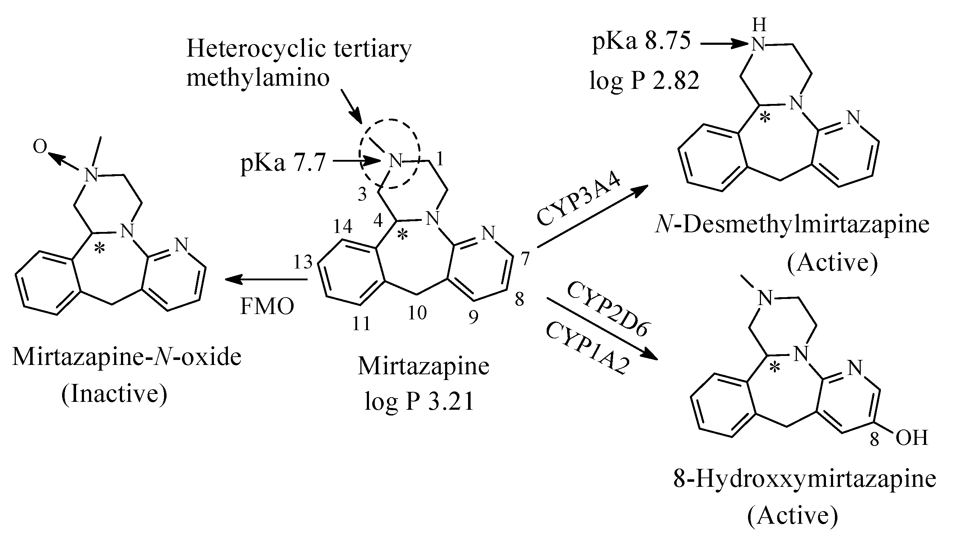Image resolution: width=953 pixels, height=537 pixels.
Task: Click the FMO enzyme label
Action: (267, 306)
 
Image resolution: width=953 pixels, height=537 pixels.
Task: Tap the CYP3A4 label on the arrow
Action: (579, 201)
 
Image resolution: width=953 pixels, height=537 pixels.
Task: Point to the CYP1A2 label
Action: (588, 347)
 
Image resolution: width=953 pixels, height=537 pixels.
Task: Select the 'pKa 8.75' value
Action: (641, 41)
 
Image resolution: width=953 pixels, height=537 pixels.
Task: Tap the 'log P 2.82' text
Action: (644, 81)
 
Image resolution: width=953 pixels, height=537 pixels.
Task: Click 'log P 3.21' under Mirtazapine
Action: (419, 401)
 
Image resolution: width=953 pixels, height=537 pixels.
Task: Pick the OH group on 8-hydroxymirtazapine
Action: (912, 438)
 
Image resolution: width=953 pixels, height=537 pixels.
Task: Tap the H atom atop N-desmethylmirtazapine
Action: (760, 25)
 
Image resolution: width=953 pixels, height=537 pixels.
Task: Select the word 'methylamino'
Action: (258, 79)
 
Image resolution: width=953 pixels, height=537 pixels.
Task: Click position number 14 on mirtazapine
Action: (342, 226)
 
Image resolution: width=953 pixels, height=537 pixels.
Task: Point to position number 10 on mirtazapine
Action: (417, 313)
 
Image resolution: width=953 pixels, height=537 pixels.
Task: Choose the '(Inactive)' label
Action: (114, 394)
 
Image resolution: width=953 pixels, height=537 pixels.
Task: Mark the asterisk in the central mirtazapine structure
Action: (402, 235)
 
